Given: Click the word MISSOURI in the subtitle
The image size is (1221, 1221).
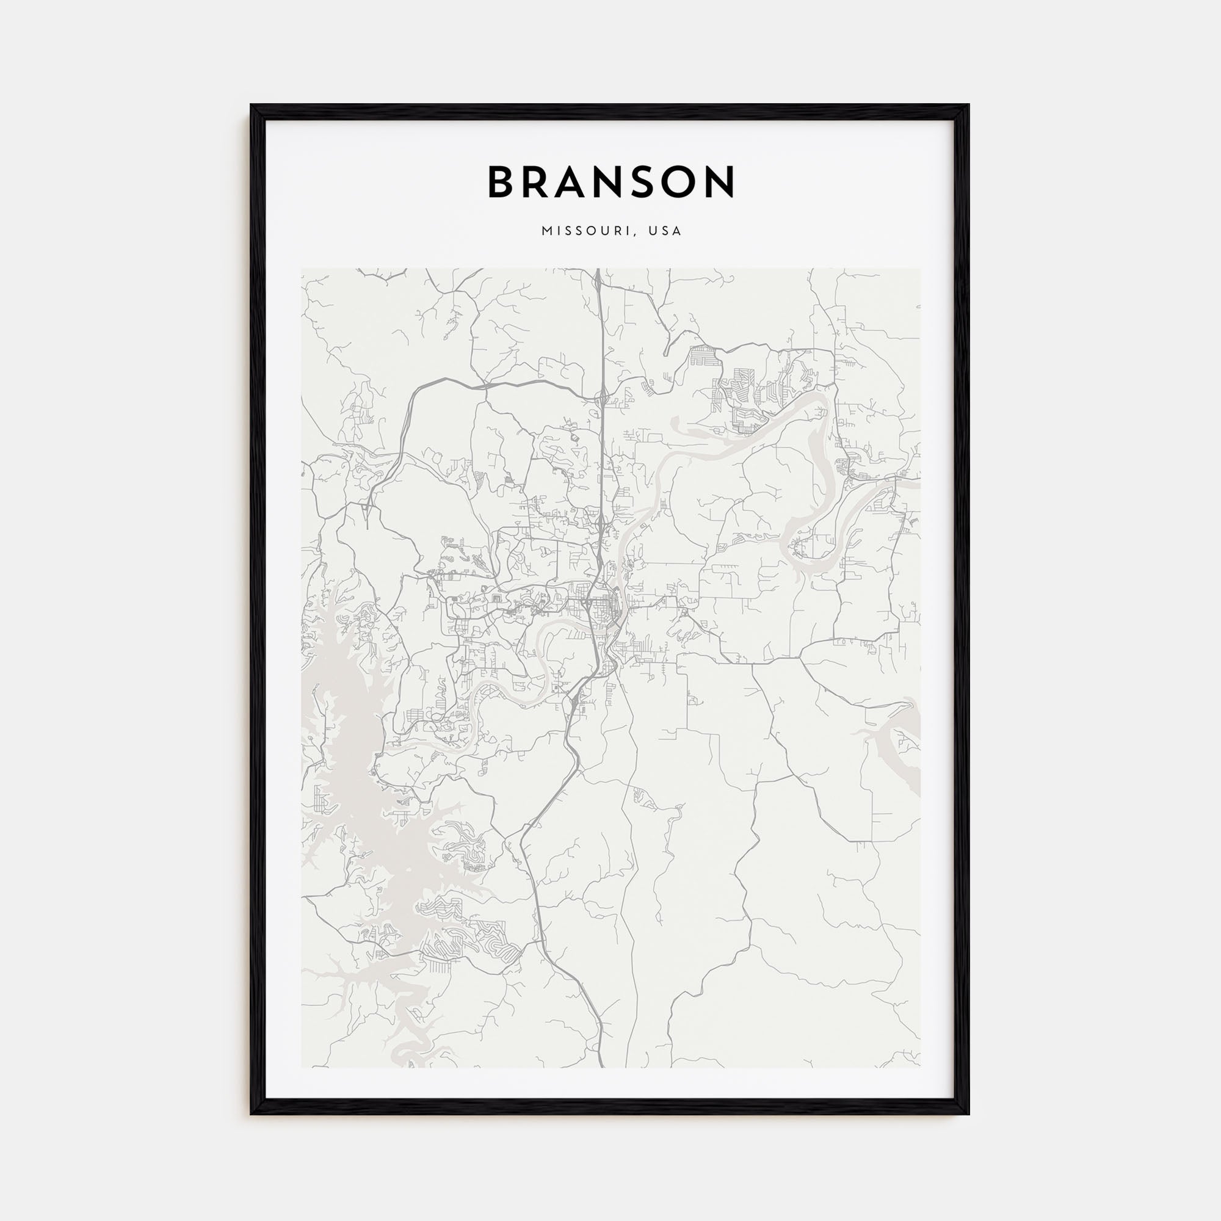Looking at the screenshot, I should [581, 231].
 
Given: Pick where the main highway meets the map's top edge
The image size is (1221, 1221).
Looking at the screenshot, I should [597, 270].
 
